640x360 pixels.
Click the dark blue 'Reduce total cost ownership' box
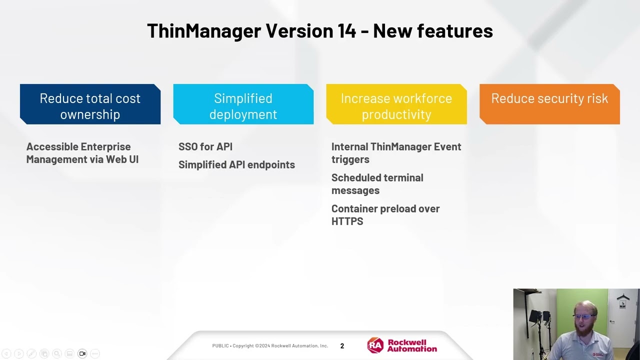click(90, 104)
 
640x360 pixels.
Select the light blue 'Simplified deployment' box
click(243, 104)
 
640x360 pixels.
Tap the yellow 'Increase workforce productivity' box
click(396, 104)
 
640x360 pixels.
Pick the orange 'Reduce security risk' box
click(549, 104)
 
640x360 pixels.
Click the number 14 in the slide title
click(344, 31)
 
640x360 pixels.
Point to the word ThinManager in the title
click(204, 31)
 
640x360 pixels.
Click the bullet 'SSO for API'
click(205, 146)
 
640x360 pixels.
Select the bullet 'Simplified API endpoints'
click(236, 164)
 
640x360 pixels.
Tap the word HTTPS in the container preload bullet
click(347, 221)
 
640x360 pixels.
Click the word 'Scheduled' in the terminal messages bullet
click(354, 177)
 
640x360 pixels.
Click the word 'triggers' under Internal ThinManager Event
click(350, 159)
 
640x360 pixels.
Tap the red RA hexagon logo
click(375, 345)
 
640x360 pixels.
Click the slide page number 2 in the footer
click(342, 346)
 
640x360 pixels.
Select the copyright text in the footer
click(270, 346)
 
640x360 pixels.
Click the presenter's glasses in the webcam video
click(584, 316)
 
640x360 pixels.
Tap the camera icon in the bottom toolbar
click(82, 353)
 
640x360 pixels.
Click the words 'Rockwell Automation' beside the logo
click(412, 345)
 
